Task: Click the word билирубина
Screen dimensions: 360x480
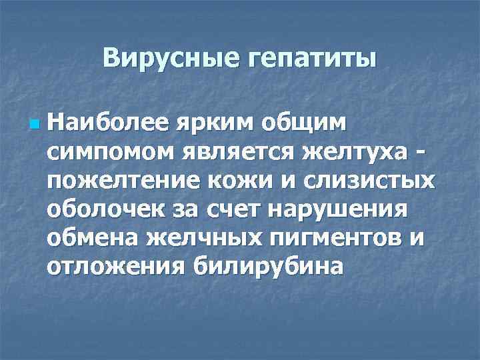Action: tap(269, 267)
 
